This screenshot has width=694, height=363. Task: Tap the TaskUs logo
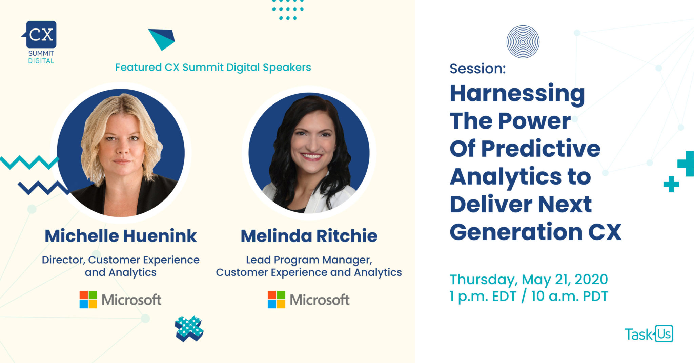649,334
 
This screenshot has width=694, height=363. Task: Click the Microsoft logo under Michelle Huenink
120,300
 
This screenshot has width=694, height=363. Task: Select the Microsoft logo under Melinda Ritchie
308,300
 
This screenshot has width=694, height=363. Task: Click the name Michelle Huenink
121,236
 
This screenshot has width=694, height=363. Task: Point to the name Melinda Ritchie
309,236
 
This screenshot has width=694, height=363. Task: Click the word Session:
477,69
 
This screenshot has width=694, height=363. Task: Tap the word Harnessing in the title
517,94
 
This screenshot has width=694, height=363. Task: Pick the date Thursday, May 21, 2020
529,280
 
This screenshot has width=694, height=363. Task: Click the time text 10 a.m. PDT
570,296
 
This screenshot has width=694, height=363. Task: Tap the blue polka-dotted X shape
189,328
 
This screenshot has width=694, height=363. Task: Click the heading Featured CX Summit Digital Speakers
213,67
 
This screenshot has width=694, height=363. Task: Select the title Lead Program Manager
309,260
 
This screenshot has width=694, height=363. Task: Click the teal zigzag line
29,163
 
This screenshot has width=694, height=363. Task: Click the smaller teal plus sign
671,184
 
